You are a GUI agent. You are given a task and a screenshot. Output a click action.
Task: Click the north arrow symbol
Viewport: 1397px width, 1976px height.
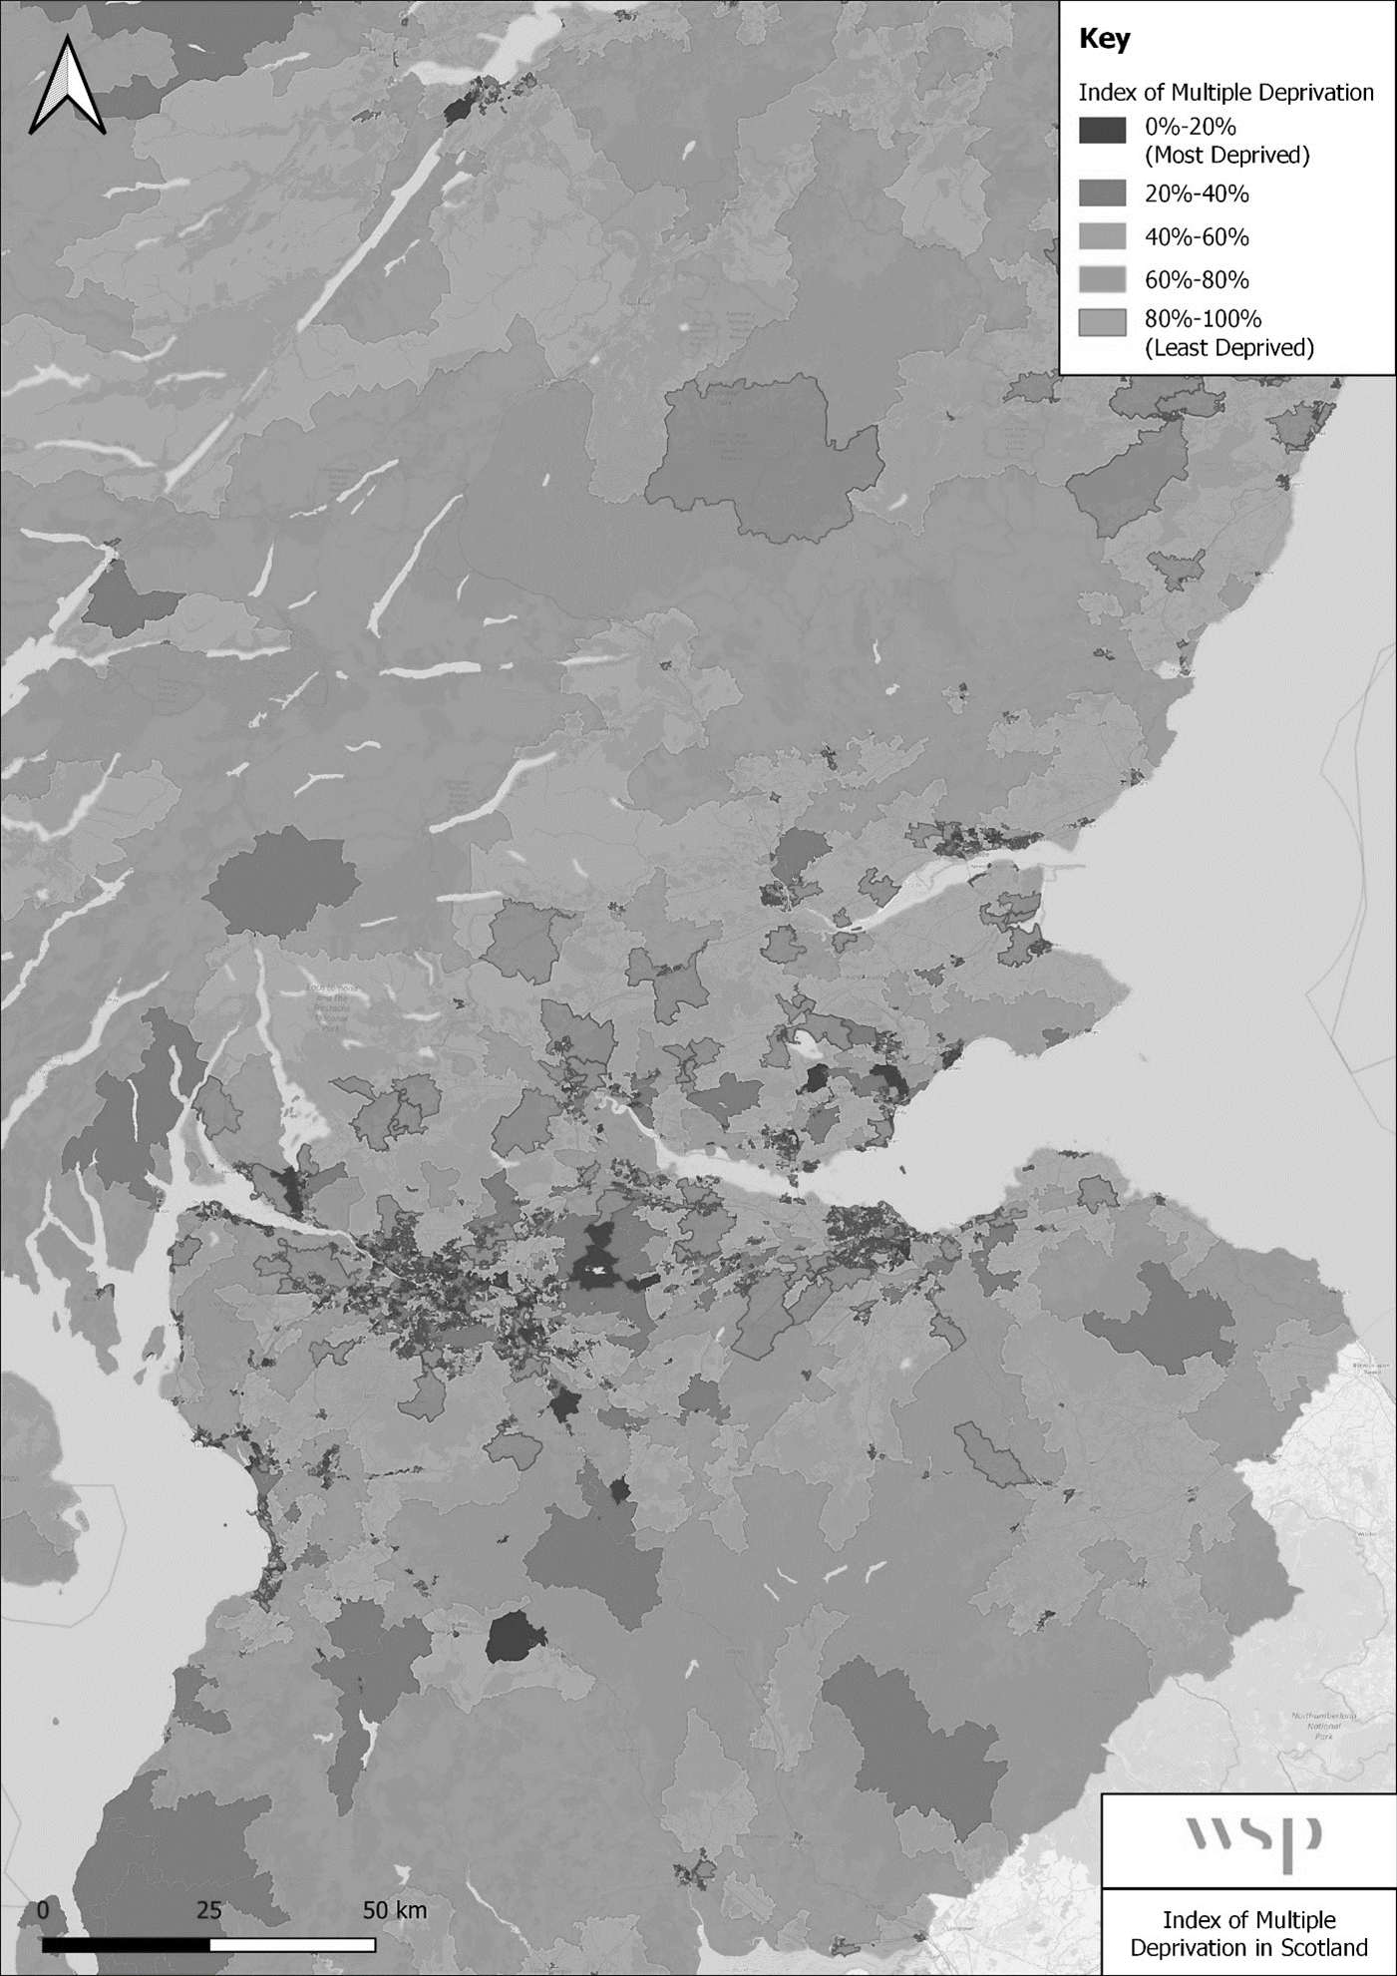pyautogui.click(x=67, y=86)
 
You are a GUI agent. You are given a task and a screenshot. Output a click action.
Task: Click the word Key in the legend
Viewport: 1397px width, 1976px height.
pyautogui.click(x=1105, y=40)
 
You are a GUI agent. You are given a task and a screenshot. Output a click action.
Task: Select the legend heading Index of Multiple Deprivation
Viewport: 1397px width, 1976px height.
pyautogui.click(x=1225, y=93)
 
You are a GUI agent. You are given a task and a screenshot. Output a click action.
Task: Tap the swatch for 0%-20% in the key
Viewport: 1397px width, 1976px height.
pyautogui.click(x=1102, y=130)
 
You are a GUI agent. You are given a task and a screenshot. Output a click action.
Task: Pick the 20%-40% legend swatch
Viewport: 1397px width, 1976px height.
pyautogui.click(x=1102, y=194)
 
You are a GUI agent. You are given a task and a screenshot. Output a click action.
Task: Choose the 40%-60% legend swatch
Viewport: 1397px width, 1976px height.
pyautogui.click(x=1102, y=236)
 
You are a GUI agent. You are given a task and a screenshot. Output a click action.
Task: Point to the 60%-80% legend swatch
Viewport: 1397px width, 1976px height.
pyautogui.click(x=1102, y=279)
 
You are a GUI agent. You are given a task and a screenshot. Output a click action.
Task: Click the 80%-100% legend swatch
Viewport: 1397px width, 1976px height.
pyautogui.click(x=1102, y=321)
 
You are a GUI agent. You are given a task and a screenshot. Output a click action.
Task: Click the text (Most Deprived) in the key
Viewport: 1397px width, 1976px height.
pyautogui.click(x=1226, y=155)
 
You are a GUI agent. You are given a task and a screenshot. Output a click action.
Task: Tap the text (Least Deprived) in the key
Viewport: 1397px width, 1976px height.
pyautogui.click(x=1228, y=347)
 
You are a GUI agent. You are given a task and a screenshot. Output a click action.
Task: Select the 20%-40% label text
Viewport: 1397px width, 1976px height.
pyautogui.click(x=1197, y=194)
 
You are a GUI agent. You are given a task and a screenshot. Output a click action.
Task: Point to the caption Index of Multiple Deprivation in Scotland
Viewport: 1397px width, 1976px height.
pyautogui.click(x=1248, y=1933)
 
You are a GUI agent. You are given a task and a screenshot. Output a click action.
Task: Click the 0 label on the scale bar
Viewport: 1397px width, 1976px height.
pyautogui.click(x=43, y=1910)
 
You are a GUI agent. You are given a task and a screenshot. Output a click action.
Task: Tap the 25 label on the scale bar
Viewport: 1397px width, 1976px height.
pyautogui.click(x=208, y=1910)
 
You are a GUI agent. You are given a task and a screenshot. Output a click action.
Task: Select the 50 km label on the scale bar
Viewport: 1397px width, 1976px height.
pyautogui.click(x=394, y=1910)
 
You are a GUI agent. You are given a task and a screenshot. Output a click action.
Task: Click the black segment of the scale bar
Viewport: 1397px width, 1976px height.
pyautogui.click(x=126, y=1944)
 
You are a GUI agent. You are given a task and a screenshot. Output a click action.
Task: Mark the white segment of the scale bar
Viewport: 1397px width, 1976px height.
pyautogui.click(x=292, y=1944)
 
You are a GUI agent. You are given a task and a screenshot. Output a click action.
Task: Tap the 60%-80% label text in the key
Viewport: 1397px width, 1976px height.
pyautogui.click(x=1197, y=279)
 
